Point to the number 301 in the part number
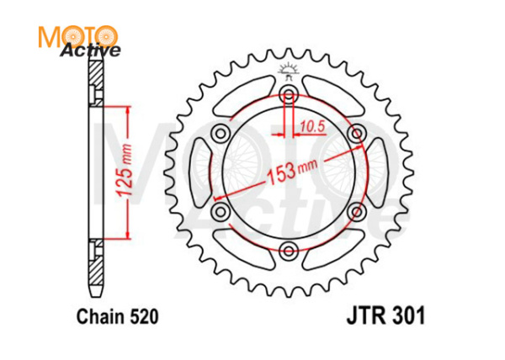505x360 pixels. [x=408, y=317]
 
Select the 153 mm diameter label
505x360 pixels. [x=289, y=171]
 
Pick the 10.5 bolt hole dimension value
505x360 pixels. [x=312, y=126]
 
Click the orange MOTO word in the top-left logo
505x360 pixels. [x=77, y=36]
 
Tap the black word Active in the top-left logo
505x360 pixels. [x=90, y=51]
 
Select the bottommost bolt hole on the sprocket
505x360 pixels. [x=290, y=250]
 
